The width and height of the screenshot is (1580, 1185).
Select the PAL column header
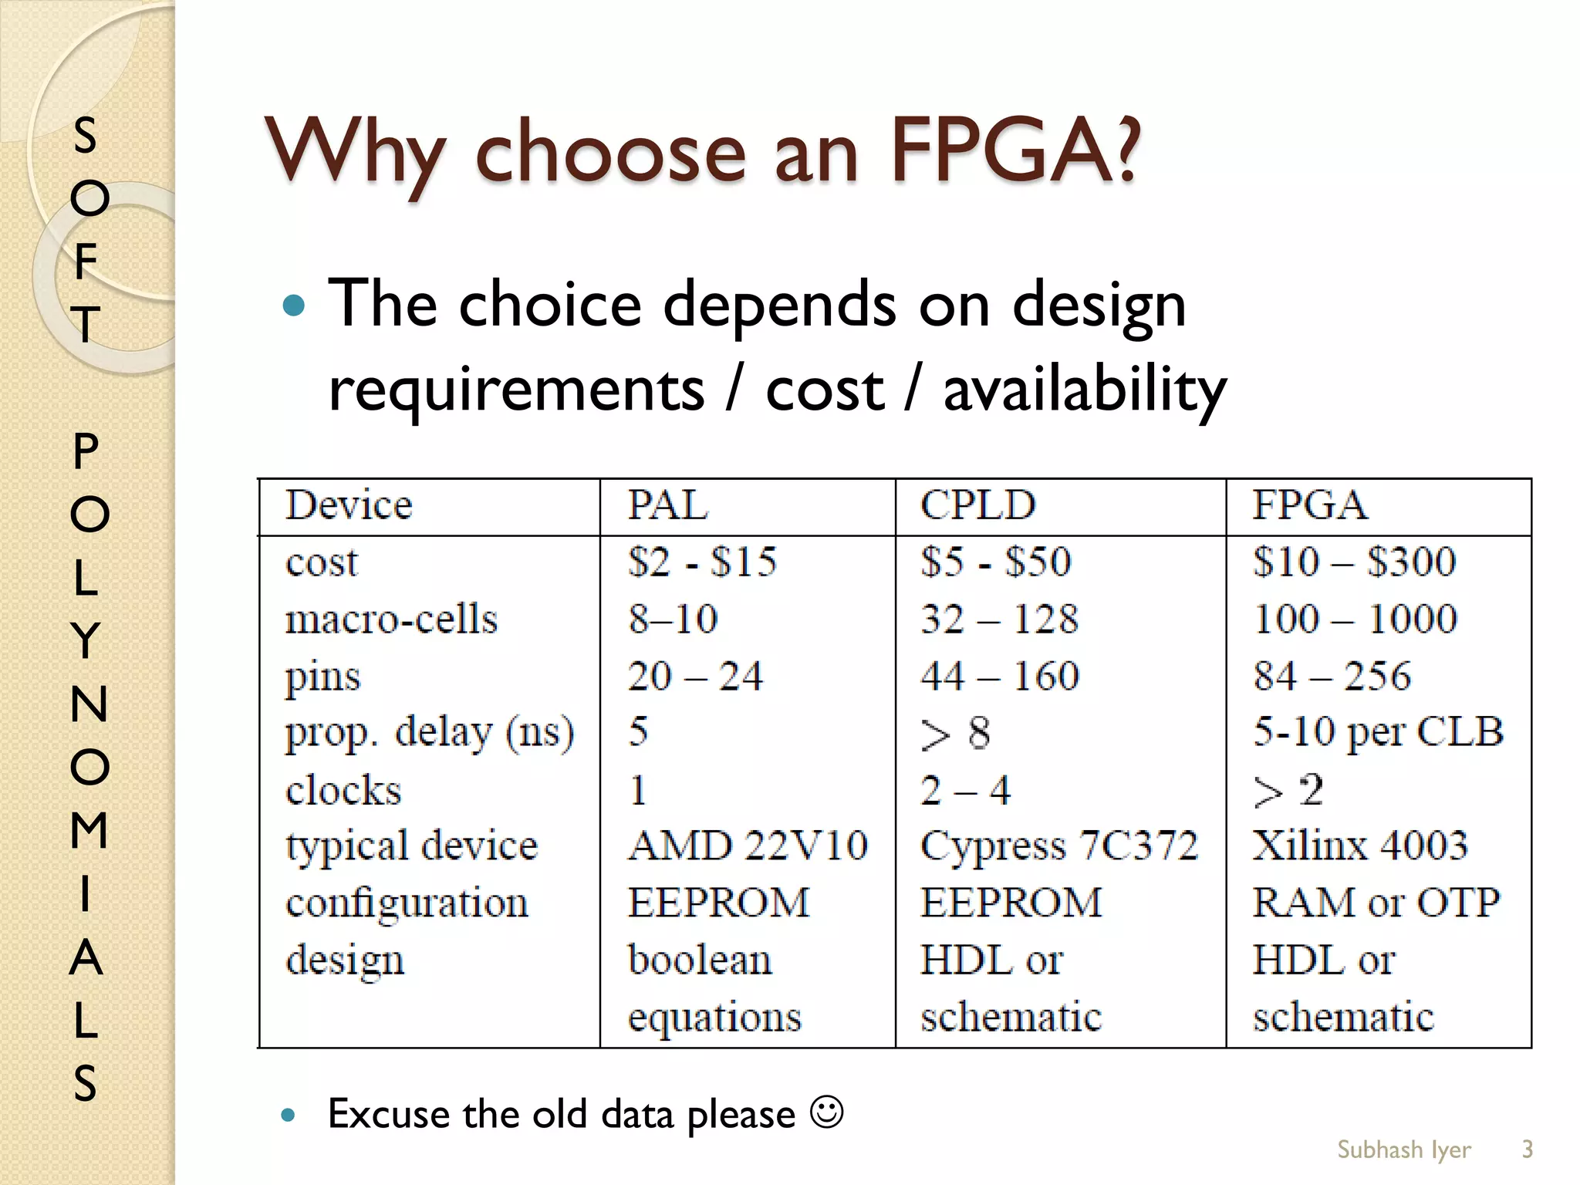pos(667,506)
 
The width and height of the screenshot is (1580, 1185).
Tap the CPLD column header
pos(977,506)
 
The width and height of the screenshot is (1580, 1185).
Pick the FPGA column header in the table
pos(1309,506)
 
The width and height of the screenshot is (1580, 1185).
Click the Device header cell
pos(349,506)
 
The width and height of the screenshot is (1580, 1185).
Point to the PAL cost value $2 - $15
pos(702,562)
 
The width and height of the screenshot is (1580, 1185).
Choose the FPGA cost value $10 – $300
pos(1354,562)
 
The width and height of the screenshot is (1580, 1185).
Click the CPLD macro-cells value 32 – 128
pos(999,619)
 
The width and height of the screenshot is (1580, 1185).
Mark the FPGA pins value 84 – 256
pos(1332,676)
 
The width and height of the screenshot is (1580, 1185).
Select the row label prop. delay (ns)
pos(430,733)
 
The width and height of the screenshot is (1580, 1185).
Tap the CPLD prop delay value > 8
pos(955,733)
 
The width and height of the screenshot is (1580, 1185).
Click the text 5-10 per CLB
pos(1378,733)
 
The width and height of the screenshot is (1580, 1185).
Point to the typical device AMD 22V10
pos(748,846)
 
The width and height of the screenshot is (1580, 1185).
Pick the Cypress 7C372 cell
pos(1059,846)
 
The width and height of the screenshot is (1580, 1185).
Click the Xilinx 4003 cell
pos(1360,846)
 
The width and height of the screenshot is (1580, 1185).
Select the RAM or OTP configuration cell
pos(1376,903)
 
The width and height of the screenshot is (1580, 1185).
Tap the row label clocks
pos(343,790)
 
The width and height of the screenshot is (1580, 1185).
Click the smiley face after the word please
pos(826,1112)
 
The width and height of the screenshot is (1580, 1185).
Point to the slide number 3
pos(1527,1150)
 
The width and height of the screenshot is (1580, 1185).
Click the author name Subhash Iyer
pos(1403,1150)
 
